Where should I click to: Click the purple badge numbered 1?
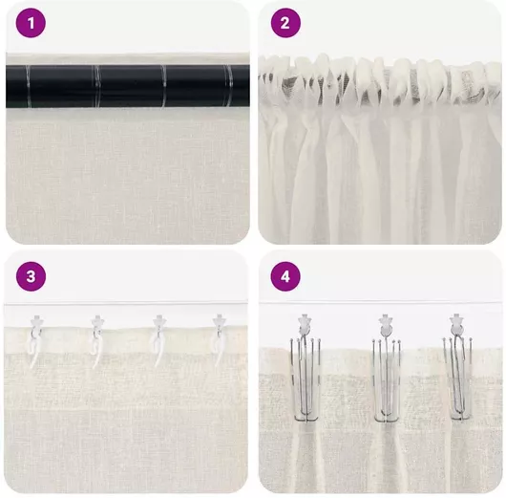[x=31, y=23]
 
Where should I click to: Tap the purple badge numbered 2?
[x=285, y=23]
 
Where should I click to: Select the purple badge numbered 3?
[x=31, y=276]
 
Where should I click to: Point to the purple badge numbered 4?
[x=285, y=276]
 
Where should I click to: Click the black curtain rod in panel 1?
[x=128, y=86]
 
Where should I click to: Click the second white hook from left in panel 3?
[x=96, y=341]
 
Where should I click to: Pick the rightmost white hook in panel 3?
[x=220, y=339]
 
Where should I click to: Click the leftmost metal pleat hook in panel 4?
[x=306, y=379]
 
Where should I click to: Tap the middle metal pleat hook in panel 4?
[x=387, y=379]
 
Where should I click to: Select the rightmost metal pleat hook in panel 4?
[x=457, y=379]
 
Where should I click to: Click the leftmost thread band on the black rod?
[x=28, y=86]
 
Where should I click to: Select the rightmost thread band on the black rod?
[x=228, y=86]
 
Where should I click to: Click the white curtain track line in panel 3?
[x=126, y=303]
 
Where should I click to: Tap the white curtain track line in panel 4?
[x=380, y=302]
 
